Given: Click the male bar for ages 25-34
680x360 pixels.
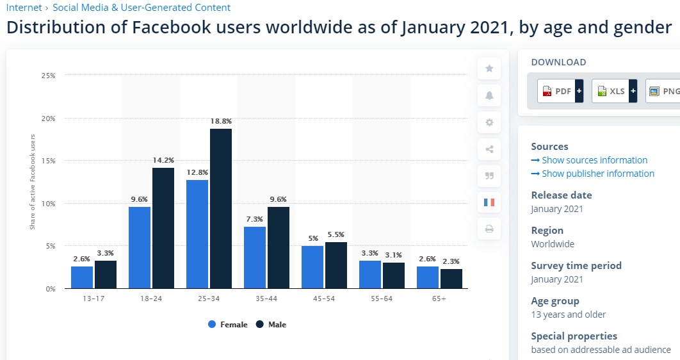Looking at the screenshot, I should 221,208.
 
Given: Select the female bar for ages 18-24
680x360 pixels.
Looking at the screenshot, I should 140,247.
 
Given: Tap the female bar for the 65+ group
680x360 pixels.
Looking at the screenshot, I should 428,277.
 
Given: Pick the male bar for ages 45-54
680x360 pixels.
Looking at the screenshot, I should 336,265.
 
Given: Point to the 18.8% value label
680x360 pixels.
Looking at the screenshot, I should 221,120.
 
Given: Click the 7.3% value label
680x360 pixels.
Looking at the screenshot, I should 255,219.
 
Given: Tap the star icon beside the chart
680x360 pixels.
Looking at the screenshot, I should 489,69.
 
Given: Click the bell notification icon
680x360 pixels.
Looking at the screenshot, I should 489,95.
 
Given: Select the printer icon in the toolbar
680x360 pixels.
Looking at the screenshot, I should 489,229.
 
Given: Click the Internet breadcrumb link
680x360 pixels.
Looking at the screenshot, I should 24,8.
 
